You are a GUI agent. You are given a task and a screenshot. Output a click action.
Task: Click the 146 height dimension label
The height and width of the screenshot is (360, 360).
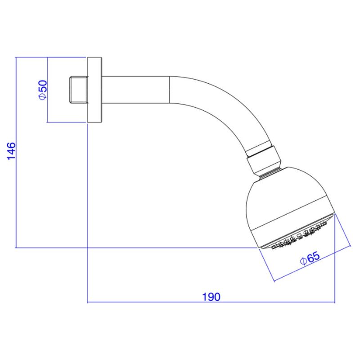tap(11, 151)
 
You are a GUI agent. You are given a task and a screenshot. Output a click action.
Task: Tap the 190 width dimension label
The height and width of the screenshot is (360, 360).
tap(211, 297)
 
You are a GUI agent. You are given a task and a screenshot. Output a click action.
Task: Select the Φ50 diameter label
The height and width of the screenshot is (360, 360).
tap(42, 90)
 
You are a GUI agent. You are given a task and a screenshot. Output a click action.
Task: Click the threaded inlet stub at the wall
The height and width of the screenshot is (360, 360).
tap(78, 90)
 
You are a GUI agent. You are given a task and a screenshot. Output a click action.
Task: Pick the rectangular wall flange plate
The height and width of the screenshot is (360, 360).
tap(94, 90)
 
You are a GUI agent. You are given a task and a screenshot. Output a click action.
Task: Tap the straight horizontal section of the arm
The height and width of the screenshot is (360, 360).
tap(135, 90)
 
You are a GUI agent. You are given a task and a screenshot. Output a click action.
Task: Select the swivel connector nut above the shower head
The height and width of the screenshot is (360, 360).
tap(264, 158)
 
